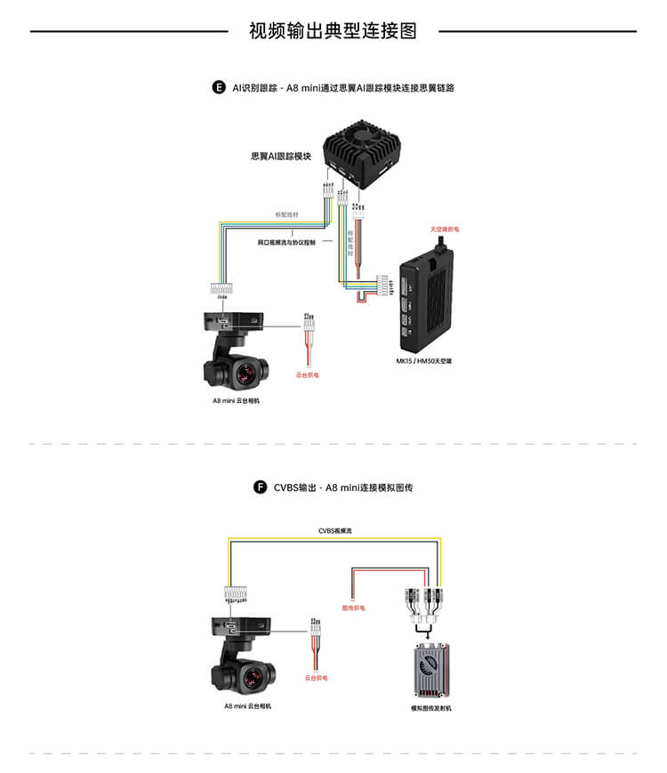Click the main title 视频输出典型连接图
tap(333, 31)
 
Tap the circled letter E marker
tap(219, 87)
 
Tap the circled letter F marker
tap(261, 487)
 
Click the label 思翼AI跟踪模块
tap(281, 157)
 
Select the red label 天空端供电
tap(445, 229)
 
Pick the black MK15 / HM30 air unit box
tap(426, 297)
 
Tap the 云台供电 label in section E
tap(307, 374)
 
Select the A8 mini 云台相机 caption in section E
tap(237, 400)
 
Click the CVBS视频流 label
tap(335, 530)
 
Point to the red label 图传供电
tap(353, 608)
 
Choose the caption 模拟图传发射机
tap(431, 709)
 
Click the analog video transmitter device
tap(432, 669)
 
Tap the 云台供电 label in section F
tap(317, 678)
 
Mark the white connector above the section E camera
tap(220, 289)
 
